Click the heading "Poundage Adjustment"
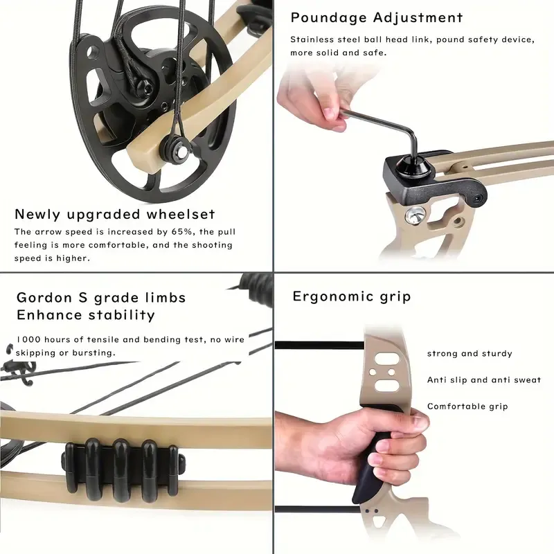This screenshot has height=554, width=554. click(377, 18)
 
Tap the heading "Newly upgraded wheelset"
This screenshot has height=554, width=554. click(115, 214)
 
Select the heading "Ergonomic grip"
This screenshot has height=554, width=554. click(352, 296)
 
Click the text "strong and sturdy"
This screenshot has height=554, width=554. click(470, 353)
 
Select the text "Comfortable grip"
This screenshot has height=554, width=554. click(467, 406)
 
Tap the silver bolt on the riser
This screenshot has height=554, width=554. click(415, 217)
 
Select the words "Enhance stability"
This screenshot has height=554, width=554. click(85, 315)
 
